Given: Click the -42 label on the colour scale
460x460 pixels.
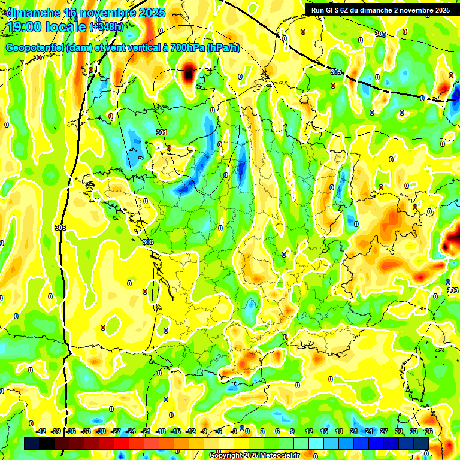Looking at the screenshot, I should click(41, 431).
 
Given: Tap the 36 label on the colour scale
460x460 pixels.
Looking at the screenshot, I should click(429, 431).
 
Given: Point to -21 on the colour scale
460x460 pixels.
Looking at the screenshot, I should click(146, 431).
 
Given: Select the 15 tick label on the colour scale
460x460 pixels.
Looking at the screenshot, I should click(324, 431).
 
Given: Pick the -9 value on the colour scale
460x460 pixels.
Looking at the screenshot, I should click(204, 431).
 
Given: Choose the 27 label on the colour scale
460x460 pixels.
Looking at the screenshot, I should click(384, 431).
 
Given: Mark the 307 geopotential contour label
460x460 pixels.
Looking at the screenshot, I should click(39, 57).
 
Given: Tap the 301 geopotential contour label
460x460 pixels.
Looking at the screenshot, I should click(161, 132).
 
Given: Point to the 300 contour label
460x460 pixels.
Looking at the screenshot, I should click(380, 34).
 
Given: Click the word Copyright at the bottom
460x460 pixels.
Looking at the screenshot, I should click(225, 456).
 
